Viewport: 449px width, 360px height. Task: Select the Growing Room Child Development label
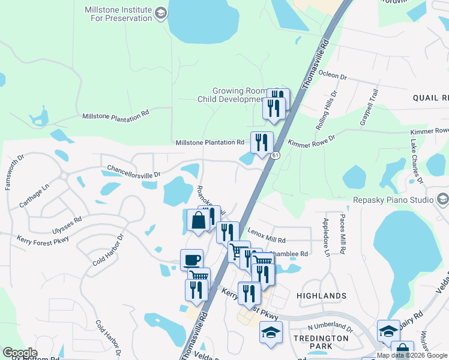(231, 95)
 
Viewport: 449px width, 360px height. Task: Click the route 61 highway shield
(275, 155)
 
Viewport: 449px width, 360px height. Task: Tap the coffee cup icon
(191, 260)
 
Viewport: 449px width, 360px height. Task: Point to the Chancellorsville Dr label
(134, 171)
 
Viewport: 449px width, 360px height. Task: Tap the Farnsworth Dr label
(14, 173)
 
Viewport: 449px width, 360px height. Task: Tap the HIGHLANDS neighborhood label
(321, 296)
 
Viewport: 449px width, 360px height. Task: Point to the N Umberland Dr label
(330, 328)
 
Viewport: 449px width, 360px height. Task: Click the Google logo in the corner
(20, 353)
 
